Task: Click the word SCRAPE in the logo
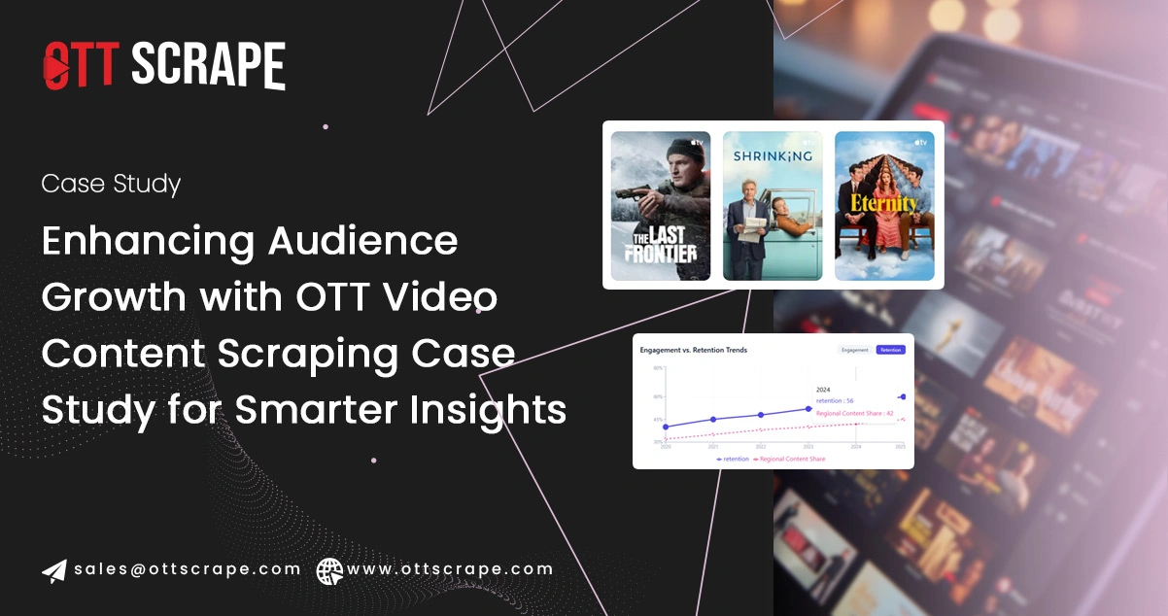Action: pyautogui.click(x=208, y=66)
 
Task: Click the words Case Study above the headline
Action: pyautogui.click(x=111, y=184)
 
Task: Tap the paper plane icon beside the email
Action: pyautogui.click(x=54, y=570)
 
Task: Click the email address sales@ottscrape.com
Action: pyautogui.click(x=188, y=569)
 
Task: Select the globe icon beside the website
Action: pyautogui.click(x=330, y=570)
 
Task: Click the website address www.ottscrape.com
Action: pyautogui.click(x=450, y=569)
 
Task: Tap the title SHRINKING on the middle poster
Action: pyautogui.click(x=773, y=155)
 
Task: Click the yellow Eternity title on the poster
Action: pyautogui.click(x=884, y=204)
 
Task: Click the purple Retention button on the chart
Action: pyautogui.click(x=890, y=350)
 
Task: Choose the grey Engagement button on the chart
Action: pyautogui.click(x=855, y=350)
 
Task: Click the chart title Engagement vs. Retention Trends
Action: pyautogui.click(x=693, y=350)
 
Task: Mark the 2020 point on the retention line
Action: pyautogui.click(x=666, y=427)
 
